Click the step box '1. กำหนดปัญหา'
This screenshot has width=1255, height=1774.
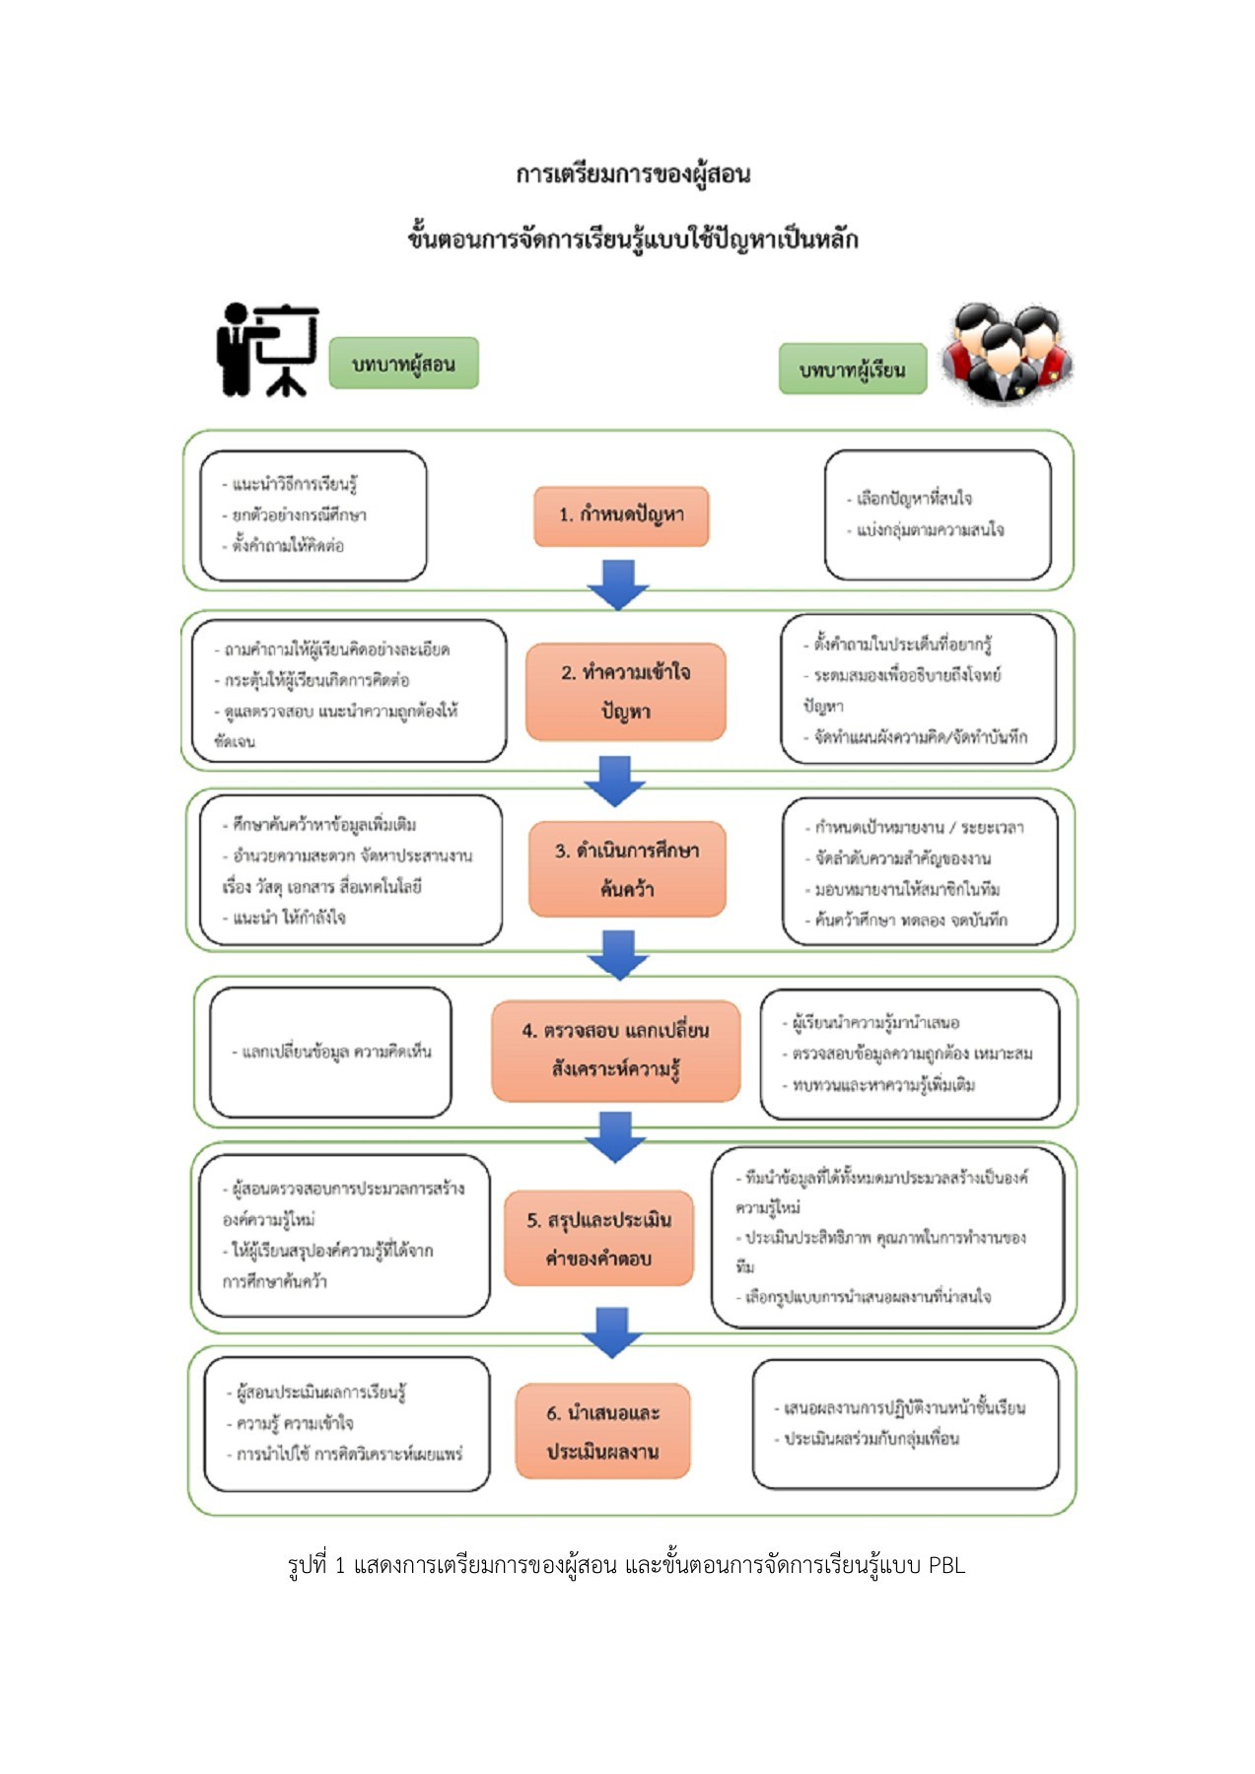coord(621,515)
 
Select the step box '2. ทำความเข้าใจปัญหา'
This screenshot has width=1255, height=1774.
coord(625,691)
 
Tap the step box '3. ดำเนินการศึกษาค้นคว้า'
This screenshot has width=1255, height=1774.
coord(627,868)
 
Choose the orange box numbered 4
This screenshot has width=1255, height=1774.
coord(615,1050)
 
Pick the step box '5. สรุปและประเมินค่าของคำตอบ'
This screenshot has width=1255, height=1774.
coord(598,1238)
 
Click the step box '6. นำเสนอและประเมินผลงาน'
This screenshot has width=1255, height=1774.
coord(602,1431)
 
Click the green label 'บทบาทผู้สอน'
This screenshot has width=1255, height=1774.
coord(403,364)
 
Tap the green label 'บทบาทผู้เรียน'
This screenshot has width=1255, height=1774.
coord(853,370)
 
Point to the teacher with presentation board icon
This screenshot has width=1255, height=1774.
coord(267,350)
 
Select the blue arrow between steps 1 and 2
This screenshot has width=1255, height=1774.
coord(618,584)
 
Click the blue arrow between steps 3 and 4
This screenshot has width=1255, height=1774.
coord(618,954)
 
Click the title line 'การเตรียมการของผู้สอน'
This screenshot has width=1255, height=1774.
coord(633,174)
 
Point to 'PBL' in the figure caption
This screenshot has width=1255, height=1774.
coord(946,1565)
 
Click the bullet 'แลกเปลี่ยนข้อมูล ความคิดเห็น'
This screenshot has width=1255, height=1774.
coord(336,1052)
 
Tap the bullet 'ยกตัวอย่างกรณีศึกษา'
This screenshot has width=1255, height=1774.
coord(299,514)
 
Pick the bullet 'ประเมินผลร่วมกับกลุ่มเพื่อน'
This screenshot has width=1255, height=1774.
coord(871,1438)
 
